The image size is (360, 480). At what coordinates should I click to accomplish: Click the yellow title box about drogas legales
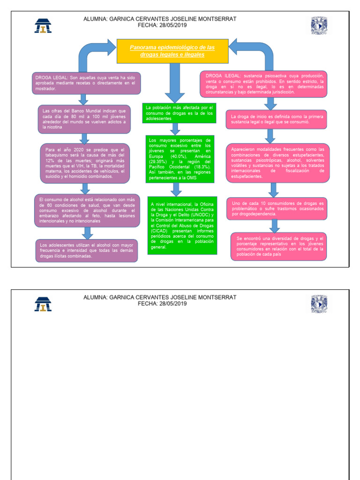(x=172, y=51)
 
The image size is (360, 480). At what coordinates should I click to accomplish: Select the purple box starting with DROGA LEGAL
(x=87, y=83)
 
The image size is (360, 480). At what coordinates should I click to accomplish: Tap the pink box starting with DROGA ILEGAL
(x=263, y=84)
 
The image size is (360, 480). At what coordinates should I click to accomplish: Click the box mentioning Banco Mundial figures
(x=84, y=119)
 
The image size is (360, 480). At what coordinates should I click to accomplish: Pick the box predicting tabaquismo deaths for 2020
(x=85, y=163)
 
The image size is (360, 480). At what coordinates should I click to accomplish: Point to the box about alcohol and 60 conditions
(x=87, y=210)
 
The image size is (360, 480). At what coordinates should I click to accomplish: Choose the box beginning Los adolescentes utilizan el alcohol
(x=86, y=250)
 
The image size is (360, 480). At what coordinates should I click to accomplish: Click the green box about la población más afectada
(x=180, y=113)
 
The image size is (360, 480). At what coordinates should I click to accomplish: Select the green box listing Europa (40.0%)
(x=180, y=159)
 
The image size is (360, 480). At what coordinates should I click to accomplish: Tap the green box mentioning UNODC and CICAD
(x=182, y=225)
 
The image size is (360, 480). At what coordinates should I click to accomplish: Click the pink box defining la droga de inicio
(x=276, y=119)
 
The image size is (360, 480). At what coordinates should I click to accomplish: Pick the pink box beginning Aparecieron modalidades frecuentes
(x=277, y=163)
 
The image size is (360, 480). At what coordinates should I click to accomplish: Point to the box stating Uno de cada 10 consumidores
(x=277, y=209)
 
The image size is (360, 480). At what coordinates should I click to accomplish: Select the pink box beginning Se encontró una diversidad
(x=278, y=246)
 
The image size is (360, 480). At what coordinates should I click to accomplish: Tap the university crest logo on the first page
(x=319, y=25)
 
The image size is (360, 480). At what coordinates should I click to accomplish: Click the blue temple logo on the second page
(x=43, y=304)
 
